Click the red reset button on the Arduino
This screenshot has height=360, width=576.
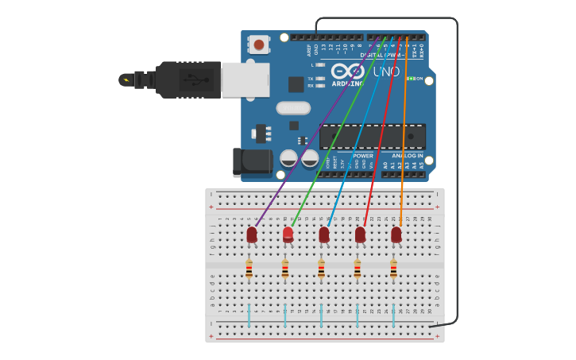[x=259, y=45]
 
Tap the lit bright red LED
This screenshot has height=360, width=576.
[x=288, y=234]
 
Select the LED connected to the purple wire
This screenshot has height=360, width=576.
[x=252, y=234]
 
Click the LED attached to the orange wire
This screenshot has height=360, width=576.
[x=396, y=234]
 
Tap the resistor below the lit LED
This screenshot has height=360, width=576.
[x=285, y=270]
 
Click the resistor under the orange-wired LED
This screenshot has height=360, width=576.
[x=393, y=270]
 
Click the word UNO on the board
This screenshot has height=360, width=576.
[x=386, y=72]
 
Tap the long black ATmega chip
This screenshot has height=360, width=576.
[x=372, y=136]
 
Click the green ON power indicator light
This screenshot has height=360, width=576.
[x=410, y=79]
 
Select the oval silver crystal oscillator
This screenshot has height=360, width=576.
[x=293, y=108]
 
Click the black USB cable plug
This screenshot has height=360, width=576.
[x=187, y=79]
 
